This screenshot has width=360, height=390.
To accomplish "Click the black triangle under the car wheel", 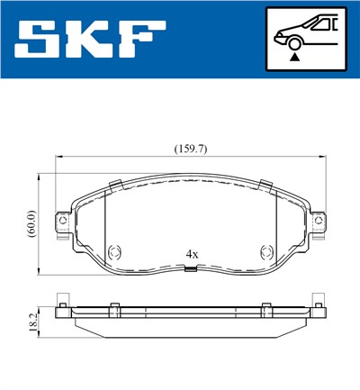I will point(294,57).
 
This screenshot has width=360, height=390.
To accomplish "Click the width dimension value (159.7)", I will point(191,149).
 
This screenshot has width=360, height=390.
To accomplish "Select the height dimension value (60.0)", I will point(31,222).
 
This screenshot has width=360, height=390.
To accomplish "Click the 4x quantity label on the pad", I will point(191,255).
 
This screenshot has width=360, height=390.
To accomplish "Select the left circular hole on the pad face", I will point(114,252).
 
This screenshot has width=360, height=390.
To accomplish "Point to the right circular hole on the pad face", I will point(266,252).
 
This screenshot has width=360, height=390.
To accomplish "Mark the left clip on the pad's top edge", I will point(115,185).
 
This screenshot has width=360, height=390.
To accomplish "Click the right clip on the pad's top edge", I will point(265,185).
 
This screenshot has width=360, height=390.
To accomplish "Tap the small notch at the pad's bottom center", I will point(190,272).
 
